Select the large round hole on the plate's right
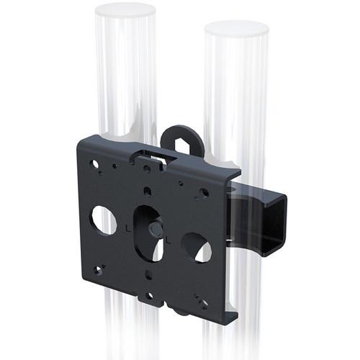coord(196,247)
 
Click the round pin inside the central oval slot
coord(154,230)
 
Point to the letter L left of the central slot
coord(128,229)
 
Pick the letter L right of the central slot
coord(168,240)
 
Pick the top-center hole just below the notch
coord(147,168)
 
